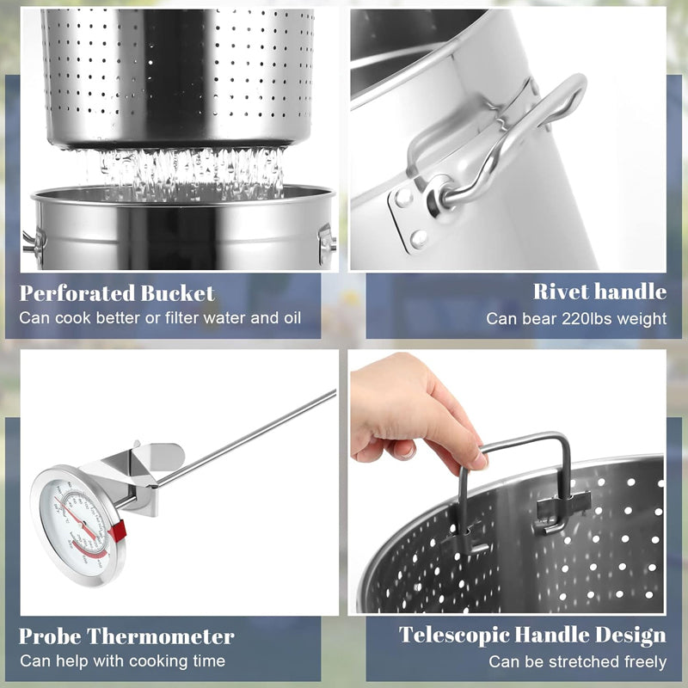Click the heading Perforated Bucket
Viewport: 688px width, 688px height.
pos(117,293)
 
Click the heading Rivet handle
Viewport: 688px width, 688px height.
pos(599,292)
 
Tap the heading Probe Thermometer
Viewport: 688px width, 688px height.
pos(126,637)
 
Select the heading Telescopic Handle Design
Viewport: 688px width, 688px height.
pos(532,636)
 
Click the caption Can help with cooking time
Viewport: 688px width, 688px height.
pos(122,661)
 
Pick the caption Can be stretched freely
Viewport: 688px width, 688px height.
pos(578,662)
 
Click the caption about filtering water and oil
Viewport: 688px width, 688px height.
pos(161,318)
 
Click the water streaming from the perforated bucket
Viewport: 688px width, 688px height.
pos(181,169)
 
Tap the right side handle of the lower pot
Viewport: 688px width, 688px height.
pos(326,243)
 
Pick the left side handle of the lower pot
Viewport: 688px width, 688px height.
pos(33,240)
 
